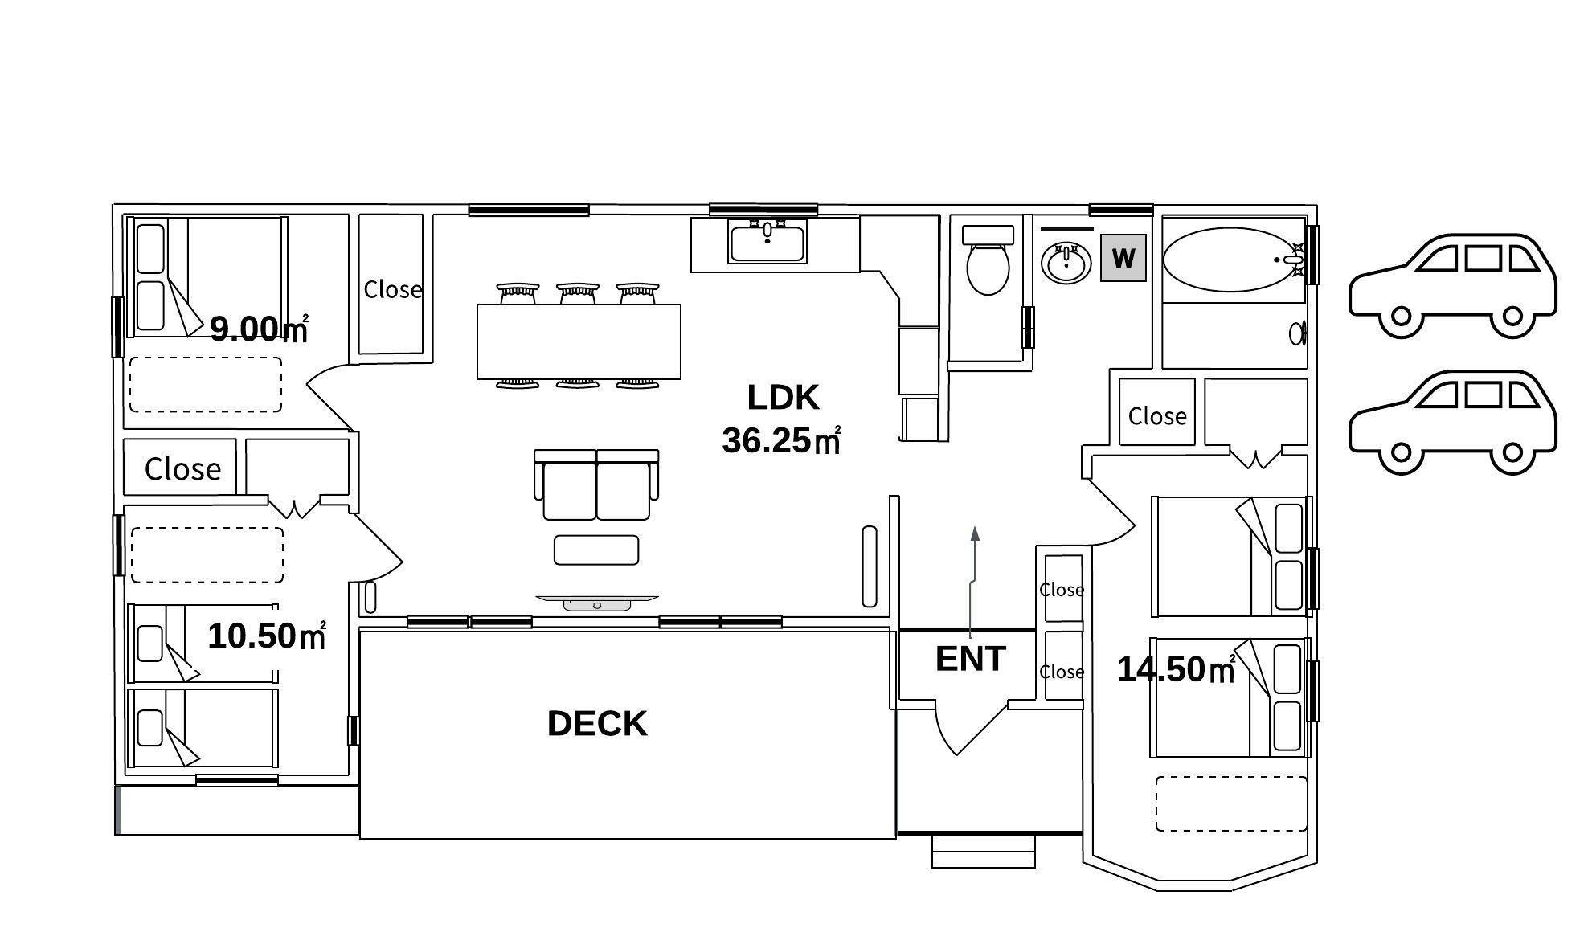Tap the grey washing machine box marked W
pyautogui.click(x=1123, y=258)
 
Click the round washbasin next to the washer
pyautogui.click(x=1066, y=261)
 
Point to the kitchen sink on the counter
pyautogui.click(x=767, y=243)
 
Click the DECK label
pyautogui.click(x=597, y=724)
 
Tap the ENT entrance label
pyautogui.click(x=971, y=659)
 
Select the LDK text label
pyautogui.click(x=783, y=397)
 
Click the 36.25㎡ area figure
pyautogui.click(x=781, y=440)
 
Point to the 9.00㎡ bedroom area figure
pyautogui.click(x=259, y=329)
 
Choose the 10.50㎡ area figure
pyautogui.click(x=267, y=636)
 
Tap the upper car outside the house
pyautogui.click(x=1452, y=286)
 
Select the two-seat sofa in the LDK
pyautogui.click(x=596, y=484)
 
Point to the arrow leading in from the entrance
pyautogui.click(x=973, y=583)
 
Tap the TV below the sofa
pyautogui.click(x=597, y=603)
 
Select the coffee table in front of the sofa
pyautogui.click(x=596, y=550)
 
